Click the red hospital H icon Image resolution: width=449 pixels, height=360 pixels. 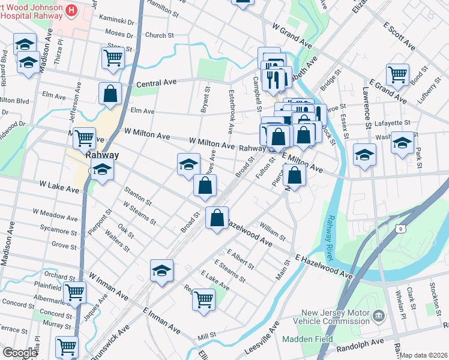(72, 10)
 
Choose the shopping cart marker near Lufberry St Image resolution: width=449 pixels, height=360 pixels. (397, 74)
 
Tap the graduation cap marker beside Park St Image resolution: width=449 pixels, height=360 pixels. (402, 143)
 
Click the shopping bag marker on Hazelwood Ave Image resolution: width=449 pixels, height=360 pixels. (217, 218)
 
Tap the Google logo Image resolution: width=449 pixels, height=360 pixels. (19, 353)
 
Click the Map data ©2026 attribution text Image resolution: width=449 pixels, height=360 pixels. (423, 355)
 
